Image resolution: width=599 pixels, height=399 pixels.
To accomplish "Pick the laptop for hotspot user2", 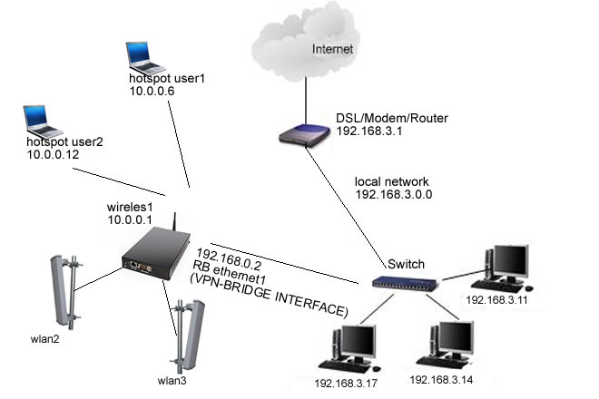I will (x=39, y=119).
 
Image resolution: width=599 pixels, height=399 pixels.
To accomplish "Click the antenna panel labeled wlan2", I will (x=60, y=294).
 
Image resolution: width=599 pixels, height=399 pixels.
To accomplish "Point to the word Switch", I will (x=407, y=264).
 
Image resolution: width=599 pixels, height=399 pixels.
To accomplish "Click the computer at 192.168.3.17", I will (x=351, y=344).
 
